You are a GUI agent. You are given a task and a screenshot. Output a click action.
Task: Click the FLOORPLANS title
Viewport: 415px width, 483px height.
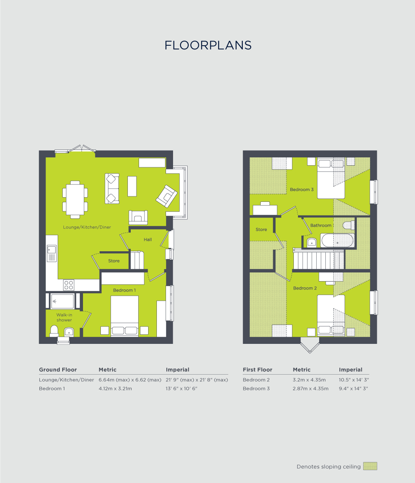[x=208, y=45]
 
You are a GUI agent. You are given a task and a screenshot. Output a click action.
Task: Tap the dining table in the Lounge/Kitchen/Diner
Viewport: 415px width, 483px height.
[x=75, y=199]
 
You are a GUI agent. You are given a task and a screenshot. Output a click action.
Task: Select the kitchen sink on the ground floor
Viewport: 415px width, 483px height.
[x=52, y=253]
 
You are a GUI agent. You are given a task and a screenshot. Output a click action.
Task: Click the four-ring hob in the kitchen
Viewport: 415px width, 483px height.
[x=68, y=285]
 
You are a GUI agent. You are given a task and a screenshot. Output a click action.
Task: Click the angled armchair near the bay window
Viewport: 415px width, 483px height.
[x=166, y=196]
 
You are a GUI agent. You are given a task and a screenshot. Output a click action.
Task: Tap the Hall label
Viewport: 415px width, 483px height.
[x=148, y=240]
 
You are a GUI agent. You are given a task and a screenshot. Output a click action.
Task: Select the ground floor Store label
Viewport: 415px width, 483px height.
[x=114, y=261]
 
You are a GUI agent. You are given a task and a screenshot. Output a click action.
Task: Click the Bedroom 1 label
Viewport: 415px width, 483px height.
[x=124, y=290]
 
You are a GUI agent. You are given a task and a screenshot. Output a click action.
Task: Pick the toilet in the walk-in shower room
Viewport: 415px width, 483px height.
[x=54, y=331]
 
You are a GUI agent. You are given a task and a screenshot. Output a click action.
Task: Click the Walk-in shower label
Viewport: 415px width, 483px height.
[x=64, y=317]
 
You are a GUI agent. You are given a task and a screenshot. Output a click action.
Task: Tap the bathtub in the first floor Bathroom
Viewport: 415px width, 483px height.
[x=337, y=241]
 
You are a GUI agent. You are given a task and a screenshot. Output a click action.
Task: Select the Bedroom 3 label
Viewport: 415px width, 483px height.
[x=302, y=189]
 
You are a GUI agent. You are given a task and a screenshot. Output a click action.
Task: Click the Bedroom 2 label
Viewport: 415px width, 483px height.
[x=305, y=288]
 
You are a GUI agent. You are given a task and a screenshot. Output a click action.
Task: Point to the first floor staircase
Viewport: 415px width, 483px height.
[x=319, y=260]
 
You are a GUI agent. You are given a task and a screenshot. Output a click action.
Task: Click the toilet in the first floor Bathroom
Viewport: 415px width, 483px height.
[x=349, y=225]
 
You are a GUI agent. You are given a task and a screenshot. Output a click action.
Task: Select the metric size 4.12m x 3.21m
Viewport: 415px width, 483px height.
[x=115, y=389]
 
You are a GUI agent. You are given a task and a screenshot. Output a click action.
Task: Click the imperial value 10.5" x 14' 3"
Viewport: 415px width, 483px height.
[x=354, y=380]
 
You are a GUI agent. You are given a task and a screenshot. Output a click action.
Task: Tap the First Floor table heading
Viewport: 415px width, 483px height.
[x=257, y=370]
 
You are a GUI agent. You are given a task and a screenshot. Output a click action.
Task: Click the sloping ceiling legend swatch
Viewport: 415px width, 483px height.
[x=370, y=466]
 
